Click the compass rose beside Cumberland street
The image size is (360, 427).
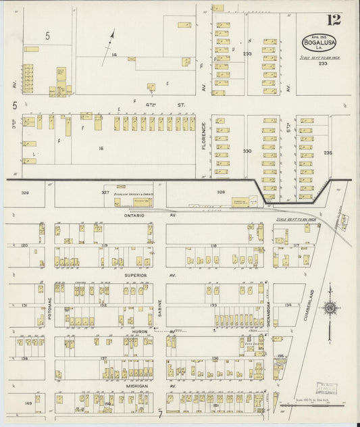click(x=329, y=309)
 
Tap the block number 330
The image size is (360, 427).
click(x=247, y=151)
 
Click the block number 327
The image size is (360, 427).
click(x=105, y=193)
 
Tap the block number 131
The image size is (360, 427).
click(x=24, y=305)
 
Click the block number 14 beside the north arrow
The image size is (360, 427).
click(x=114, y=54)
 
